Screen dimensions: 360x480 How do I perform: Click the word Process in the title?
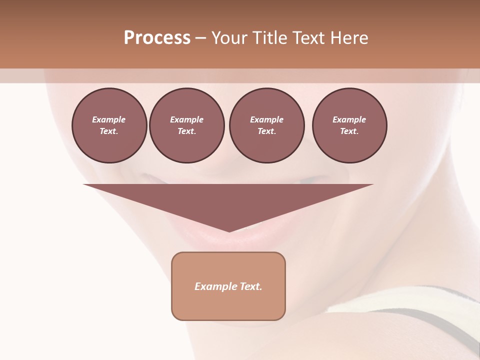(x=157, y=37)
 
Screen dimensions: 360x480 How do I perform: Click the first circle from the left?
(x=109, y=125)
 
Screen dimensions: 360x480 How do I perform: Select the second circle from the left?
(x=186, y=125)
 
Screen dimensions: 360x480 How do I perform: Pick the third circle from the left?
(x=266, y=125)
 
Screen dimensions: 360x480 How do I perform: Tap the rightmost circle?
(x=349, y=125)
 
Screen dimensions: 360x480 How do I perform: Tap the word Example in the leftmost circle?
(x=109, y=119)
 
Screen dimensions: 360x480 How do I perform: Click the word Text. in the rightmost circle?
(x=349, y=131)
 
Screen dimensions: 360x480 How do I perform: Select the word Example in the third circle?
(x=266, y=119)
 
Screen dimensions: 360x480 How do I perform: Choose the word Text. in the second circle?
(x=186, y=131)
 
